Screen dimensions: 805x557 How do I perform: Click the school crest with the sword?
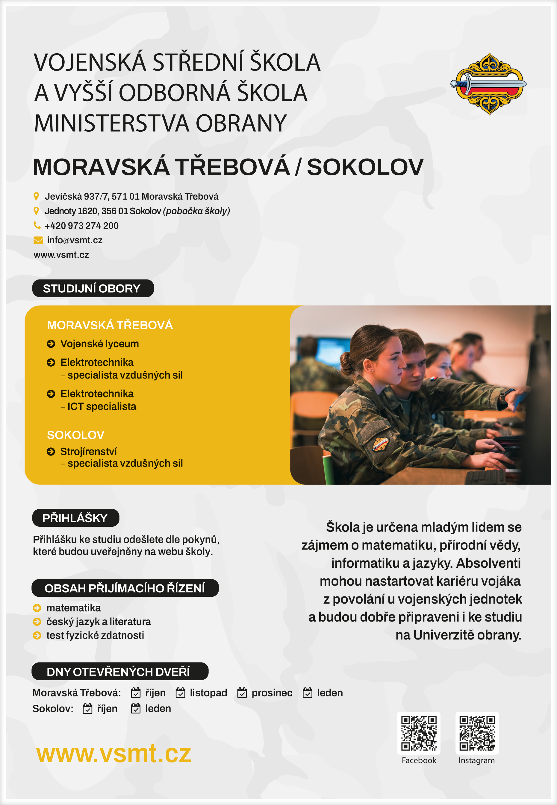tap(489, 84)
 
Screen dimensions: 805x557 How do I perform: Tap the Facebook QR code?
tap(418, 733)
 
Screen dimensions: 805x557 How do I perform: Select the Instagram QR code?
tap(477, 733)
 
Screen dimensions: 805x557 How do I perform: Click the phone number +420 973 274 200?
tap(82, 226)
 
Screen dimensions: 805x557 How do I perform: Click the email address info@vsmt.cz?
tap(75, 240)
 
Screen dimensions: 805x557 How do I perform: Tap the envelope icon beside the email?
tap(38, 240)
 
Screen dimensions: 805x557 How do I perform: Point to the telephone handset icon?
tap(37, 225)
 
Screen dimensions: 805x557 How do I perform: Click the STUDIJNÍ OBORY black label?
tap(93, 288)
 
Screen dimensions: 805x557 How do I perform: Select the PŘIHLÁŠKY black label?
tap(75, 518)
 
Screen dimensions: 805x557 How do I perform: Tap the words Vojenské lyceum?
tap(99, 344)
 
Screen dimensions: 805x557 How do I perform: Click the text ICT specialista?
tap(102, 407)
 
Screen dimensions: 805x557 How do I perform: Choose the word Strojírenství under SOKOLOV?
tap(88, 452)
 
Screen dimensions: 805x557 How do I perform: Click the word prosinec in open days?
tap(272, 693)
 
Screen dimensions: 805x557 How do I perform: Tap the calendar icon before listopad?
tap(181, 693)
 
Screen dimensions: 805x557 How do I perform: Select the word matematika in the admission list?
tap(73, 608)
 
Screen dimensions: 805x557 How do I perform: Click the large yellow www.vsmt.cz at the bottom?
tap(114, 754)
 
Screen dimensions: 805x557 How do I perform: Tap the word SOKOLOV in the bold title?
tap(365, 167)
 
